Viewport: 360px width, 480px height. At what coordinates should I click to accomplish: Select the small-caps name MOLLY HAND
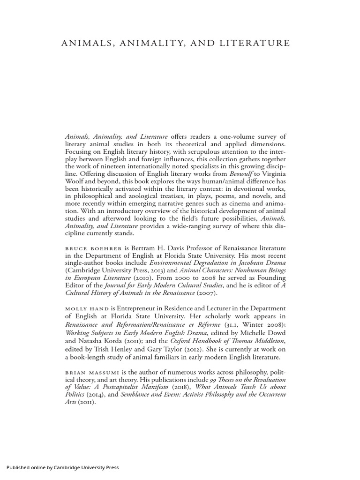pyautogui.click(x=86, y=308)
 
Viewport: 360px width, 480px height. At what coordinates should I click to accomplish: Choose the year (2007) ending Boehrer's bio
pyautogui.click(x=206, y=293)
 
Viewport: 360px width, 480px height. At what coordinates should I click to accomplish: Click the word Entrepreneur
pyautogui.click(x=138, y=308)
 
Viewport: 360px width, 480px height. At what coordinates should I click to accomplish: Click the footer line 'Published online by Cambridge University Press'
pyautogui.click(x=63, y=467)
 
